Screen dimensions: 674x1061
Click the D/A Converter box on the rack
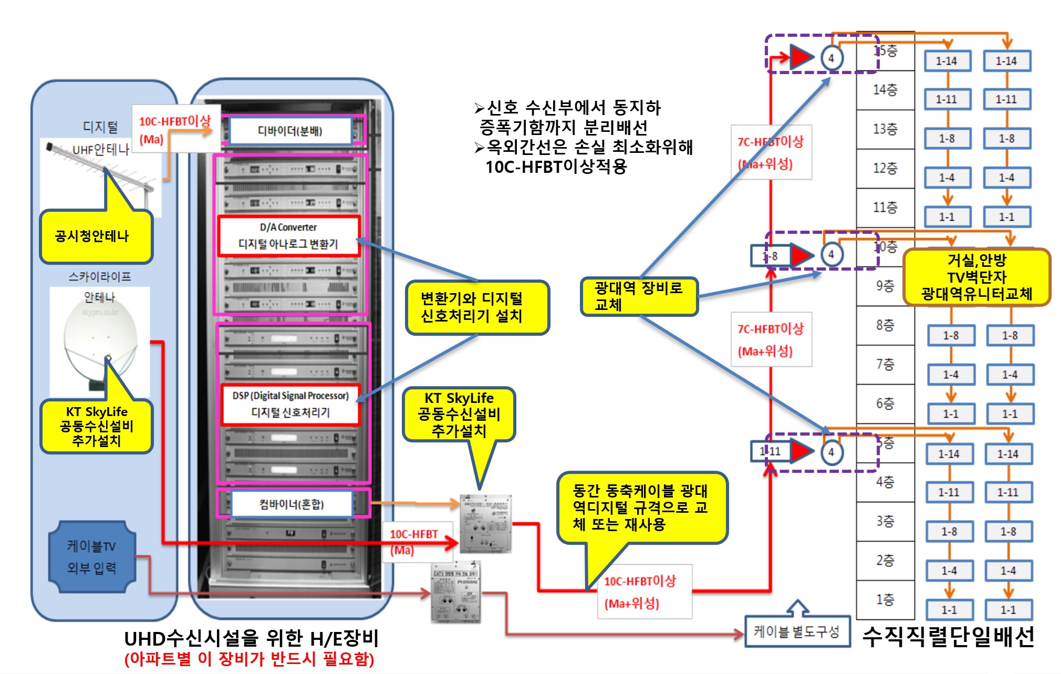click(289, 236)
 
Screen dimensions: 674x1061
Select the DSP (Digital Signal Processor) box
click(290, 404)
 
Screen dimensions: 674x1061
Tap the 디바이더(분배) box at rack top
click(290, 131)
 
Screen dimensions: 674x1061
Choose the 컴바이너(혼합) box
click(292, 504)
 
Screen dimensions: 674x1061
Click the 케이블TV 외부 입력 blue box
click(92, 557)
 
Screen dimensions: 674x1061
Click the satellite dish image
click(100, 341)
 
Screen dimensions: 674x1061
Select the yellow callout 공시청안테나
click(96, 236)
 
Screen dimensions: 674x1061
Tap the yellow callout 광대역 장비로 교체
click(639, 296)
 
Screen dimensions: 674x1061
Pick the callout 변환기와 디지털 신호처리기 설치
click(477, 307)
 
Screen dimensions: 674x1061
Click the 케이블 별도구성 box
click(797, 631)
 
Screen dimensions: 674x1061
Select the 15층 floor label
click(886, 51)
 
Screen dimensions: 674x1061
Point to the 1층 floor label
click(886, 599)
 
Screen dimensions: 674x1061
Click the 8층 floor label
click(886, 325)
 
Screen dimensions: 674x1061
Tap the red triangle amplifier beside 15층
click(802, 57)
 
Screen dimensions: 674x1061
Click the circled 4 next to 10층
click(831, 255)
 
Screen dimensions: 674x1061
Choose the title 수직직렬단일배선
click(948, 637)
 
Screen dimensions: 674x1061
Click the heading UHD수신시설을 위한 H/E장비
click(251, 639)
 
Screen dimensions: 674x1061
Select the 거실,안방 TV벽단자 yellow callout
click(976, 277)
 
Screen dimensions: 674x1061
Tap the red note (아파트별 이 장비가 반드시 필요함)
click(249, 659)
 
